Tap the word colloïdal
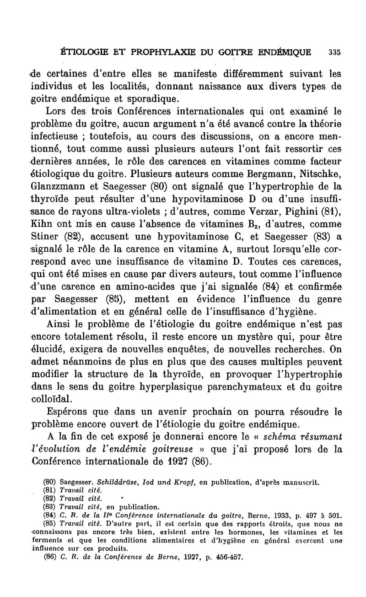coord(53,399)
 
